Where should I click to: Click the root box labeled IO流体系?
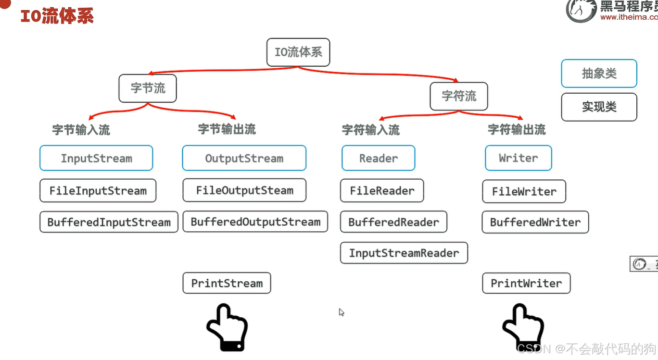pyautogui.click(x=298, y=52)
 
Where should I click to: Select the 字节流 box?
pyautogui.click(x=148, y=88)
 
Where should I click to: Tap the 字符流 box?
pyautogui.click(x=459, y=96)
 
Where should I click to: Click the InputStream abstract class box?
pyautogui.click(x=96, y=158)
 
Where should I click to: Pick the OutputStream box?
pyautogui.click(x=244, y=158)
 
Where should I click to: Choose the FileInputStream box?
pyautogui.click(x=98, y=190)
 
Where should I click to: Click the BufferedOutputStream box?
pyautogui.click(x=255, y=222)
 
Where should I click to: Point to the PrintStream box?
pyautogui.click(x=227, y=283)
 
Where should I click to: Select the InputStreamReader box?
pyautogui.click(x=404, y=253)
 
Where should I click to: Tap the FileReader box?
pyautogui.click(x=382, y=190)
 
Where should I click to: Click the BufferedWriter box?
pyautogui.click(x=535, y=222)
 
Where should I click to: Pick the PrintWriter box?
pyautogui.click(x=526, y=283)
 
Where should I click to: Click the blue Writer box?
pyautogui.click(x=519, y=158)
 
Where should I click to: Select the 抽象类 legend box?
pyautogui.click(x=599, y=74)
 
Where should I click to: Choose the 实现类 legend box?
pyautogui.click(x=599, y=107)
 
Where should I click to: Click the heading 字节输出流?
pyautogui.click(x=227, y=129)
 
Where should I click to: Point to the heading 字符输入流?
pyautogui.click(x=371, y=130)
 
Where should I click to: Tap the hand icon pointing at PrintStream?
pyautogui.click(x=227, y=327)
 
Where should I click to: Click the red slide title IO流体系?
pyautogui.click(x=57, y=16)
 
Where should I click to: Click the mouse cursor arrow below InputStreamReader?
pyautogui.click(x=341, y=312)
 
